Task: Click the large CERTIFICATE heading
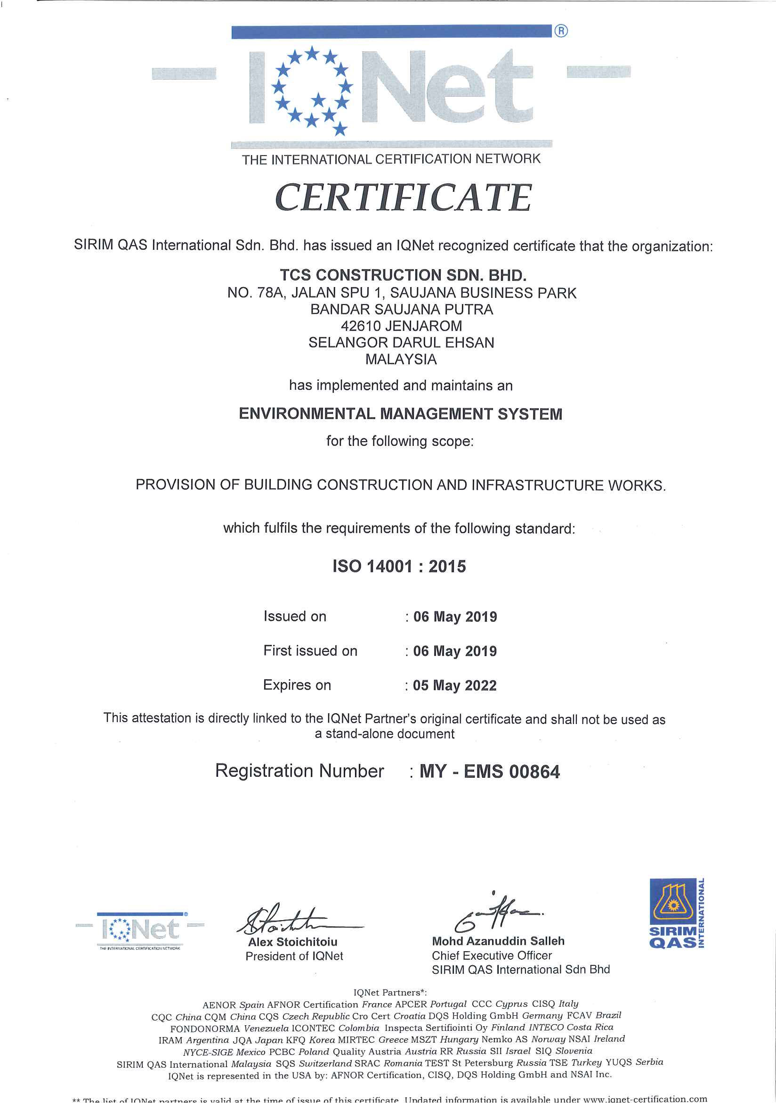pos(403,198)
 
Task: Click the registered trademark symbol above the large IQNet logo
pos(560,31)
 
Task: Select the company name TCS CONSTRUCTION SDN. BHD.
pos(403,275)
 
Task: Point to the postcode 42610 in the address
pos(360,326)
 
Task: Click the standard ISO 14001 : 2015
pos(399,567)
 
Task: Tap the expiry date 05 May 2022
pos(454,685)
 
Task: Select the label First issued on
pos(310,650)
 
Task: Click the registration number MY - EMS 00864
pos(490,772)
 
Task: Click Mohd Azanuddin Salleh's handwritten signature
pos(494,913)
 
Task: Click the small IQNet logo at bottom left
pos(140,930)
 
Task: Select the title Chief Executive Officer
pos(492,955)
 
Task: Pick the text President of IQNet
pos(294,956)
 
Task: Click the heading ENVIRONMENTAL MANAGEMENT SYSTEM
pos(400,414)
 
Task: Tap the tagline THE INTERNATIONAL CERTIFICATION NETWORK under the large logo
pos(391,159)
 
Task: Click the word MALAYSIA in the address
pos(401,359)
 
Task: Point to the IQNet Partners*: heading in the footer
pos(390,992)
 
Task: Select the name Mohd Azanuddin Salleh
pos(498,941)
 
